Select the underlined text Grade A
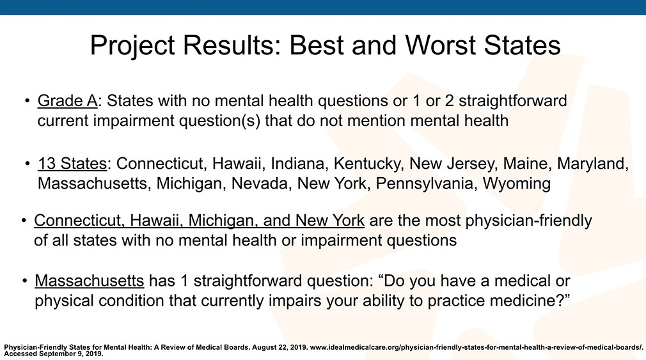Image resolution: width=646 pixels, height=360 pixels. pyautogui.click(x=68, y=101)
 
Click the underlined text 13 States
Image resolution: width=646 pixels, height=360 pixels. pyautogui.click(x=72, y=164)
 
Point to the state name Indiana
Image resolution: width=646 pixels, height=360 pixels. pyautogui.click(x=297, y=164)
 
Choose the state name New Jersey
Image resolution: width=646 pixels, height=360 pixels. pyautogui.click(x=452, y=164)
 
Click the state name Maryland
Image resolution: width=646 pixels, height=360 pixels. pyautogui.click(x=592, y=164)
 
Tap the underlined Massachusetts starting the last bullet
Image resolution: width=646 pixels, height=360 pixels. pyautogui.click(x=90, y=281)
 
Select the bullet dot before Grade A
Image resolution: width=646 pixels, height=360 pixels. pyautogui.click(x=28, y=101)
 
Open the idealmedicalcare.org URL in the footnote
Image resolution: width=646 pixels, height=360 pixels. pyautogui.click(x=477, y=347)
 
